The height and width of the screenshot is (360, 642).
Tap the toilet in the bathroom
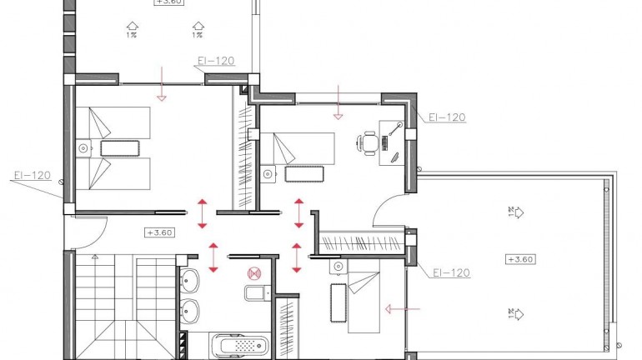[x=255, y=292]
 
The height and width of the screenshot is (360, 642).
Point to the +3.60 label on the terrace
[x=521, y=260]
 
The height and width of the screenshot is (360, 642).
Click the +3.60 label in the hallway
[x=158, y=232]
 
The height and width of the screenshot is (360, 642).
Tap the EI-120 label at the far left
[x=32, y=176]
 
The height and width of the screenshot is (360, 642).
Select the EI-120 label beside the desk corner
[x=445, y=118]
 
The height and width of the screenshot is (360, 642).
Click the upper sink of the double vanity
[x=189, y=281]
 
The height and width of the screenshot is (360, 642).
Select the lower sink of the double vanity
[x=189, y=312]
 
